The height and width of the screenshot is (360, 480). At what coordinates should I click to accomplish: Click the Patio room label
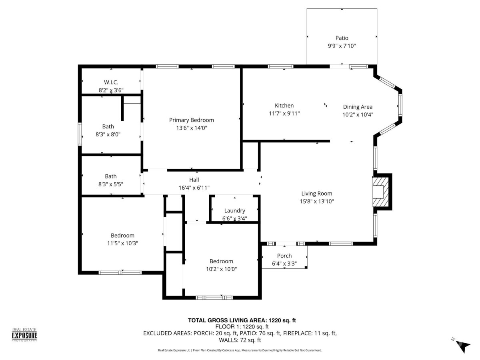342,38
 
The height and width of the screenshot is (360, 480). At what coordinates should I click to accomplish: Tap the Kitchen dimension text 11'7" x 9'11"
284,114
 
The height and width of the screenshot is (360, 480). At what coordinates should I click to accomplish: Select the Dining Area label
358,107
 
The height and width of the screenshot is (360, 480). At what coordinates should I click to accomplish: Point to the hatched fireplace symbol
380,192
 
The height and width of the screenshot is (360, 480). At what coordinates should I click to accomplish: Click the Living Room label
317,194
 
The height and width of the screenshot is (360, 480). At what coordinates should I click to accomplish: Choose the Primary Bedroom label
191,120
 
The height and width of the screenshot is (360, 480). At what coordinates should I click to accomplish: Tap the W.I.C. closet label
111,82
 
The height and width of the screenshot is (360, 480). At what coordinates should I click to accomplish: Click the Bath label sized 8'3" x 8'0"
108,126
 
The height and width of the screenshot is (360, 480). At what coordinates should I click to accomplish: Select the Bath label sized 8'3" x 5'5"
111,176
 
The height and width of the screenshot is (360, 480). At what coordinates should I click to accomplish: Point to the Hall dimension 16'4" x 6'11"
194,188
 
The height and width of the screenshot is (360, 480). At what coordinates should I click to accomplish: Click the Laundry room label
235,211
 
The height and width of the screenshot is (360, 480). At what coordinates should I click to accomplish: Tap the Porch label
284,256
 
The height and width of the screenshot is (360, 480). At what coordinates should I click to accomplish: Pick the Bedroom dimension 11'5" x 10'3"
122,243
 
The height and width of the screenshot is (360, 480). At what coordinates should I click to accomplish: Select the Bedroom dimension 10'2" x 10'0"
221,269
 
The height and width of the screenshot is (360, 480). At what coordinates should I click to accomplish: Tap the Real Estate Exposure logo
24,335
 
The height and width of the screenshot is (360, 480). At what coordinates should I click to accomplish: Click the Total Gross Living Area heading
242,320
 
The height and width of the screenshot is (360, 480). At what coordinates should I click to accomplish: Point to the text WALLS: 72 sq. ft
240,340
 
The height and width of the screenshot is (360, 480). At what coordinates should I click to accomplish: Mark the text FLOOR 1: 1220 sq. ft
242,327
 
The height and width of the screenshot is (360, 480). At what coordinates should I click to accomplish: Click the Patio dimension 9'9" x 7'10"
342,46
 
